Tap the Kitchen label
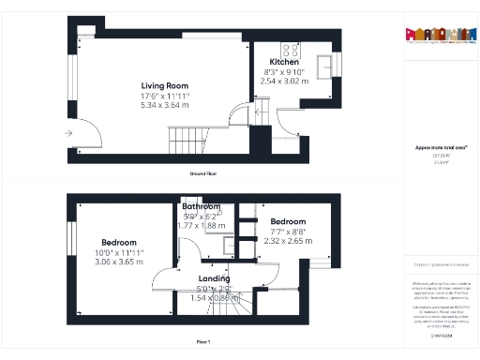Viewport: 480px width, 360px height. tap(284, 62)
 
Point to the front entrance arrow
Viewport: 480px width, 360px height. tap(69, 134)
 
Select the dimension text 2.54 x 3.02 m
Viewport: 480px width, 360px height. tap(284, 81)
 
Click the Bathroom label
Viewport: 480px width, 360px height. tap(202, 206)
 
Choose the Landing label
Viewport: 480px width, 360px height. tap(215, 277)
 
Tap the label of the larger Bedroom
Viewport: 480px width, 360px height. tap(119, 243)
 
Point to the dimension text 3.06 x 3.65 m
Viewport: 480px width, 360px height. tap(119, 262)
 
